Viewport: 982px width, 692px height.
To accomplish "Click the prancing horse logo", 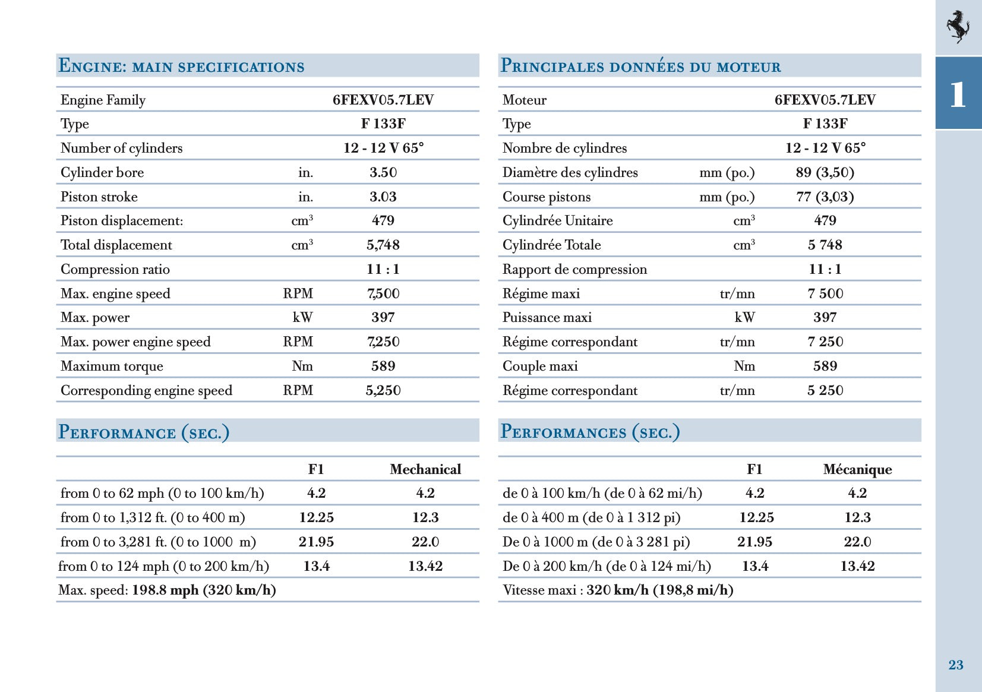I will click(958, 27).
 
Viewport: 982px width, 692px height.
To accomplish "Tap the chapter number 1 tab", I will click(958, 94).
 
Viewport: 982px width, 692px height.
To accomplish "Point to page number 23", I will click(956, 665).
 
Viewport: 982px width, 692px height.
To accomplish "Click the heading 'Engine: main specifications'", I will click(182, 66).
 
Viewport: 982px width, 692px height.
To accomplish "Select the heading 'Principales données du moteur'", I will click(640, 66).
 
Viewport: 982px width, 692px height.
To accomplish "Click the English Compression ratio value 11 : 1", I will click(383, 269).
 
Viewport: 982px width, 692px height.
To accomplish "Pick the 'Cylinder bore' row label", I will click(102, 172).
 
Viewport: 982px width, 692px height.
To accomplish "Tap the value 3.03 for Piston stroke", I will click(383, 197).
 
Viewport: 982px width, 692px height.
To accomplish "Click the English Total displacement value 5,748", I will click(383, 245).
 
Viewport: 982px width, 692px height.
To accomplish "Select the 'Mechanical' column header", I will click(425, 469).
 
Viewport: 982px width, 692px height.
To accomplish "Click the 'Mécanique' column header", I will click(857, 469).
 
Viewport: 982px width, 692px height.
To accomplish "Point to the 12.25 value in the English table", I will click(316, 517).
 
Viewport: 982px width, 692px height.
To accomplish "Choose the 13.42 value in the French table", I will click(857, 566).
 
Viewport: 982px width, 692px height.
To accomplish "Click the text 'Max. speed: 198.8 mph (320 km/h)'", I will click(167, 590).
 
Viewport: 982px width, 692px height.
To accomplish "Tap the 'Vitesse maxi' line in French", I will click(618, 590).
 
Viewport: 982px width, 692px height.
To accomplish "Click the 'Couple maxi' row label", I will click(540, 366).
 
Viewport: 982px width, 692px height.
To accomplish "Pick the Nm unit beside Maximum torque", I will click(302, 366).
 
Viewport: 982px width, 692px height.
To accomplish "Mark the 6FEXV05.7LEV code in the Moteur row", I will click(825, 100).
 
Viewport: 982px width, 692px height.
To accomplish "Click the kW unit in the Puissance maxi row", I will click(744, 317).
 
